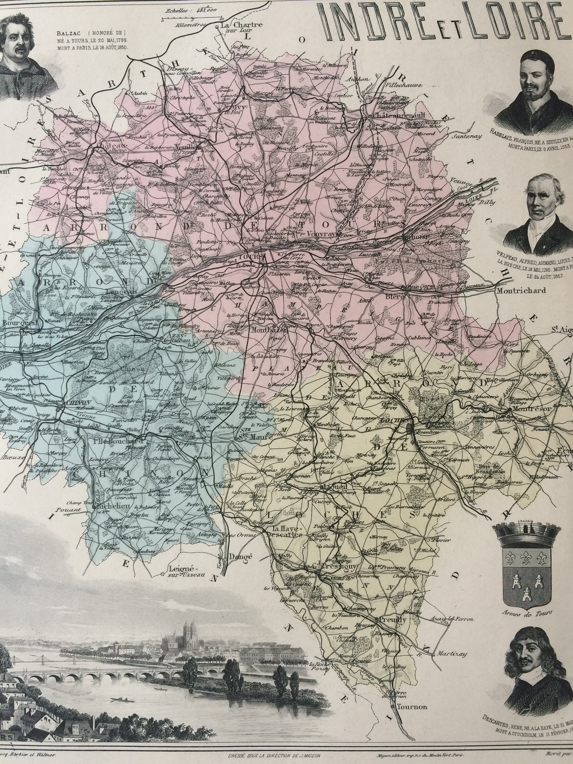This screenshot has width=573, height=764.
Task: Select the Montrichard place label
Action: (521, 291)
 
